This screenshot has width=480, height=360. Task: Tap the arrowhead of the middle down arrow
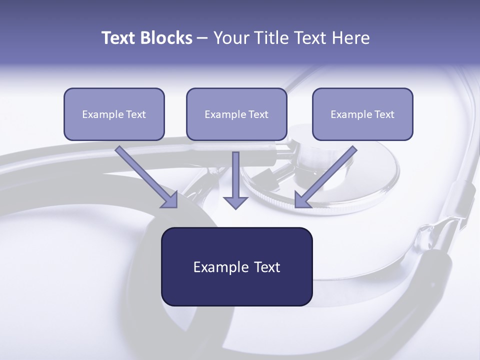coord(235,202)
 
